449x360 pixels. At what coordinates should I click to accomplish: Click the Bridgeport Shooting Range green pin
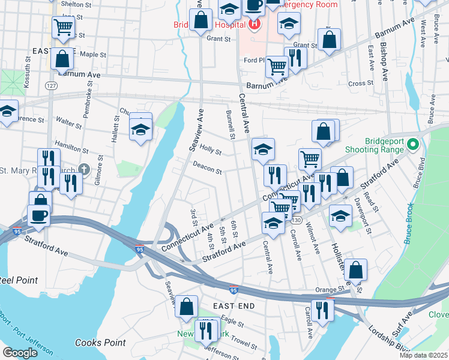[x=412, y=145]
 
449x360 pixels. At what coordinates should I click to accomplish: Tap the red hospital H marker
[x=254, y=25]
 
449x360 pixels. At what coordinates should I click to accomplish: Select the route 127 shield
[x=52, y=86]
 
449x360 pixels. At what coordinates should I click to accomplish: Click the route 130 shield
[x=296, y=220]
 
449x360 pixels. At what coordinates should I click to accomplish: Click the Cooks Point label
[x=101, y=343]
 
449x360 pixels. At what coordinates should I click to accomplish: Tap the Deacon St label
[x=207, y=169]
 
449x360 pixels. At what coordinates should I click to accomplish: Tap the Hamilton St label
[x=71, y=148]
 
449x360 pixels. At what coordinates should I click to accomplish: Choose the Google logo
[x=20, y=353]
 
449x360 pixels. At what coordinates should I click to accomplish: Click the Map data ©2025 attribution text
[x=423, y=355]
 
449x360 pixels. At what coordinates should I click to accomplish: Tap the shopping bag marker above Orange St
[x=355, y=271]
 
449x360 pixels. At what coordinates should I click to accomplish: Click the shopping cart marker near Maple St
[x=62, y=27]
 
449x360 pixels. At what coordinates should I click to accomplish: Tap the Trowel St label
[x=243, y=343]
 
